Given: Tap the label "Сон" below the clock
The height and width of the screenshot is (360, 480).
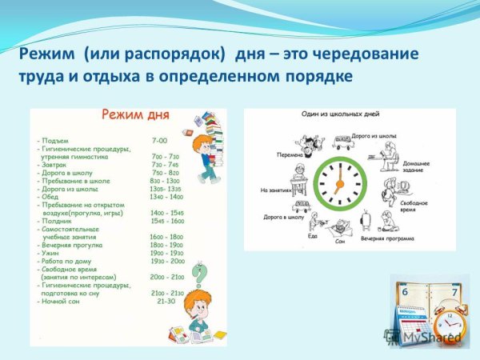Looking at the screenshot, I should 341,239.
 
